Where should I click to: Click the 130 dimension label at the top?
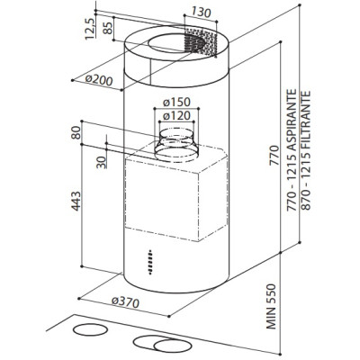[201, 13]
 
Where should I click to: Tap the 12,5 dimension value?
[90, 29]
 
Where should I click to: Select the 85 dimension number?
[108, 28]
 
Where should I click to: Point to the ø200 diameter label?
[99, 79]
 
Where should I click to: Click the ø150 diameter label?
[176, 102]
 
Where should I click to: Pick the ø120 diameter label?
[176, 115]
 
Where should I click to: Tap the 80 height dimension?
[76, 132]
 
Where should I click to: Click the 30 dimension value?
[102, 162]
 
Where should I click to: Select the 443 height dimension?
[76, 201]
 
